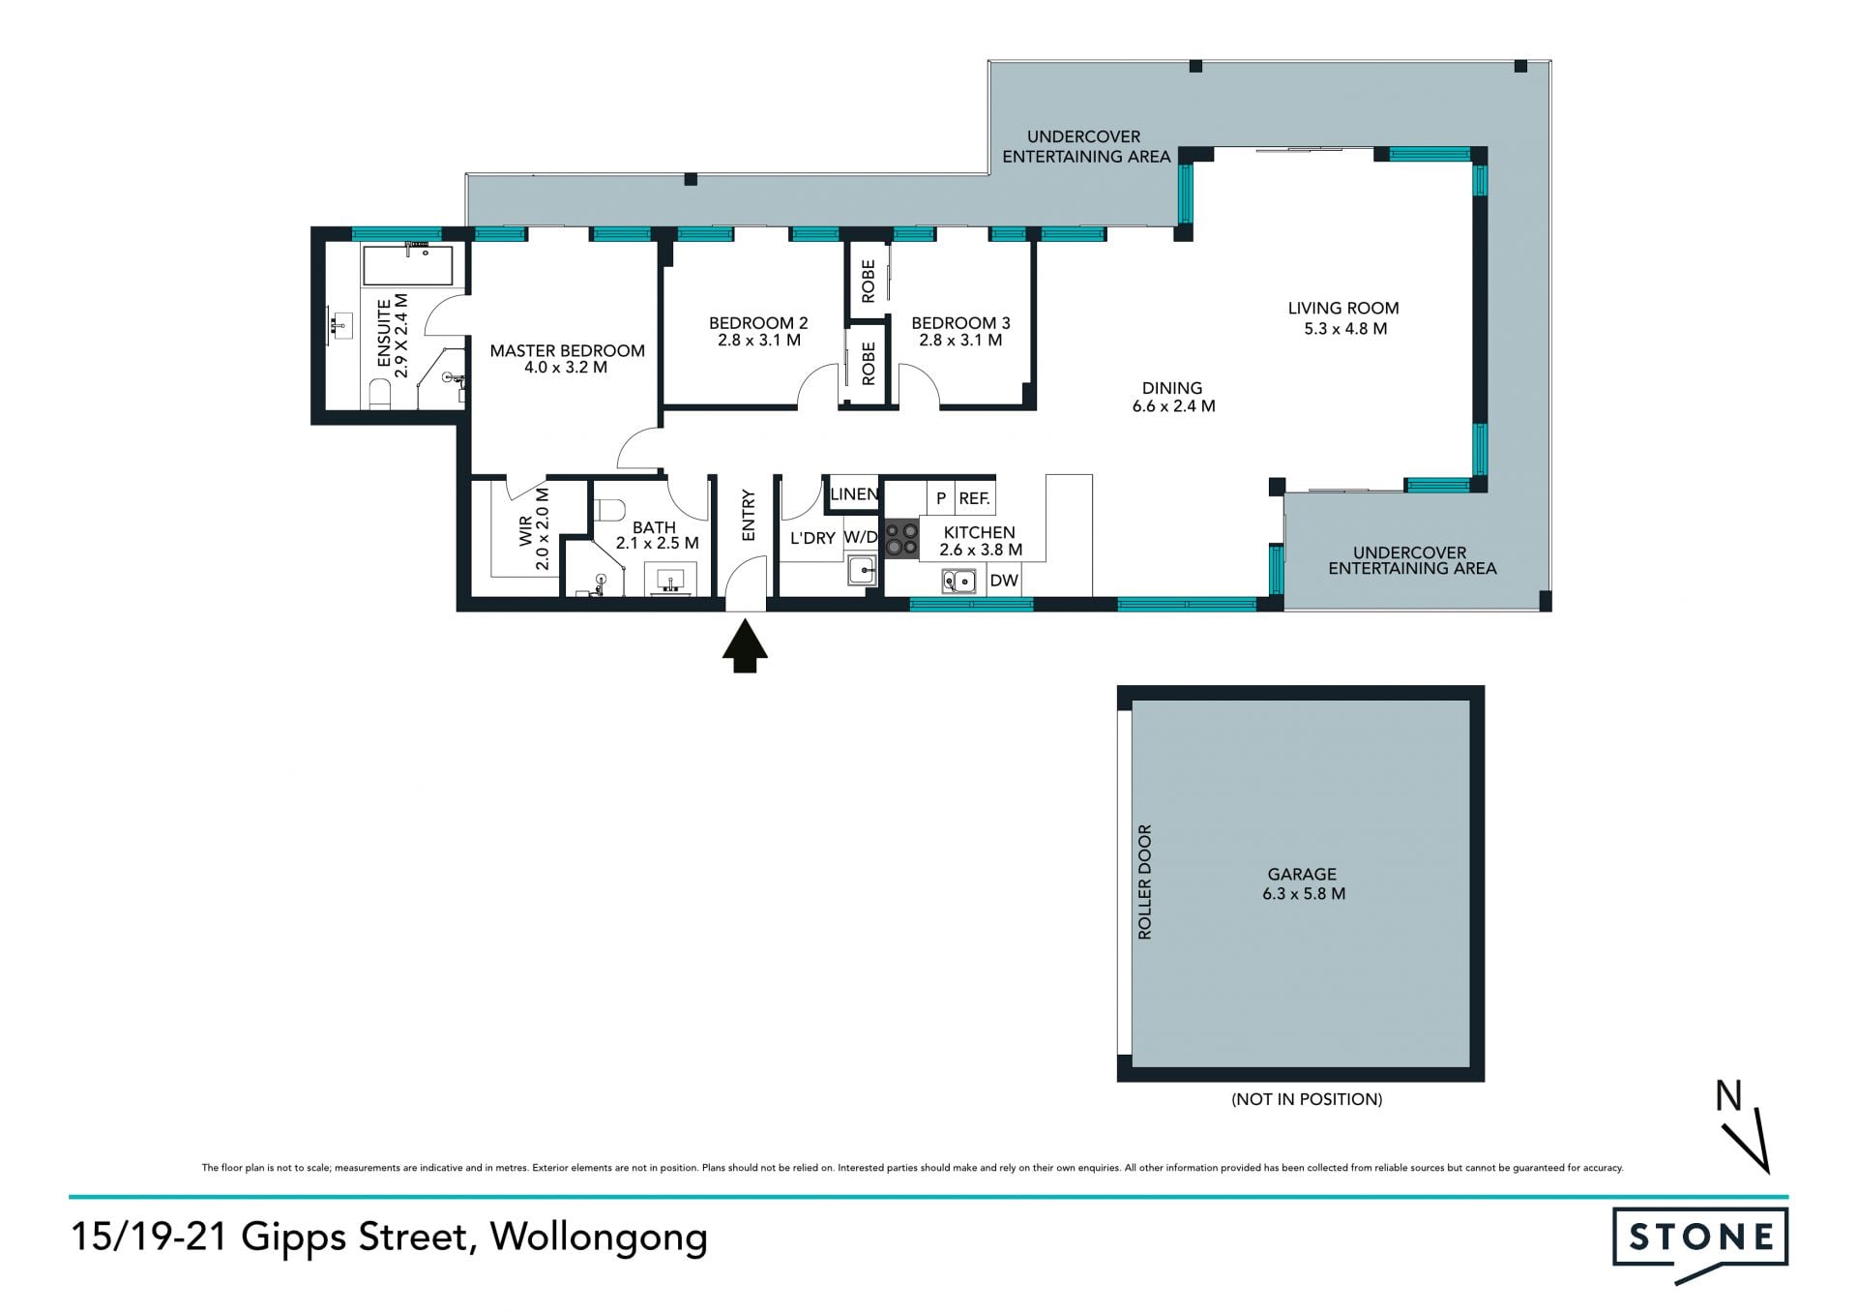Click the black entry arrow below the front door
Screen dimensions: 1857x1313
tap(745, 645)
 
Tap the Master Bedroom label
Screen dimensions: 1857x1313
tap(567, 350)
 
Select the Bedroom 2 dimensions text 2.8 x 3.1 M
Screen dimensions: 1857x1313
tap(759, 341)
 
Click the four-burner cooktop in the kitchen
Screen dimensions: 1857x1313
tap(901, 540)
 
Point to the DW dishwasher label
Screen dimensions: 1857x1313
tap(1004, 581)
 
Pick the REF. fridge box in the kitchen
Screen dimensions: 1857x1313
tap(975, 498)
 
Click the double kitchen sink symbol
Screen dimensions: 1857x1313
tap(958, 581)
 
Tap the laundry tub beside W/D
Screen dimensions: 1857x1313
tap(862, 571)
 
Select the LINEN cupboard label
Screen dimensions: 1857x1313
tap(854, 494)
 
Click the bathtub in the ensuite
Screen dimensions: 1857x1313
tap(407, 265)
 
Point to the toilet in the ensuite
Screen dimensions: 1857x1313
tap(379, 394)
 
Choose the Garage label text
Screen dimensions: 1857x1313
tap(1302, 874)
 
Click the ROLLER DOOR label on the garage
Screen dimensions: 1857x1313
tap(1145, 881)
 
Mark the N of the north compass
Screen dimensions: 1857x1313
tap(1728, 1095)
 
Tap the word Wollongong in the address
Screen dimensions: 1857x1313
tap(599, 1238)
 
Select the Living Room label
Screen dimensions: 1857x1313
tap(1343, 308)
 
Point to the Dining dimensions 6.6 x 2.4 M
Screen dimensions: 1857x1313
tap(1174, 406)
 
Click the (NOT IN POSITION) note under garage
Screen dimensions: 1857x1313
tap(1307, 1099)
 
